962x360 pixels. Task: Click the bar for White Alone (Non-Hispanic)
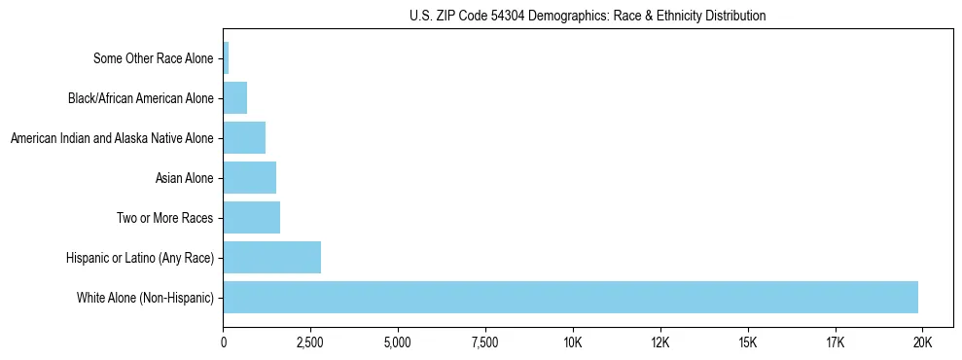pyautogui.click(x=570, y=297)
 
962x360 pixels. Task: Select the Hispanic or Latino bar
pyautogui.click(x=272, y=258)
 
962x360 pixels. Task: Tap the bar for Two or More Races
pyautogui.click(x=252, y=218)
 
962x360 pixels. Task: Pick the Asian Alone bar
pyautogui.click(x=250, y=178)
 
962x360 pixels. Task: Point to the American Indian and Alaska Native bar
pyautogui.click(x=244, y=138)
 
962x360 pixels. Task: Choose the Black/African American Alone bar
pyautogui.click(x=235, y=98)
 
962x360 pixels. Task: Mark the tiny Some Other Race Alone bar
pyautogui.click(x=227, y=58)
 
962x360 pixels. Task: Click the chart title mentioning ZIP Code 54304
pyautogui.click(x=588, y=16)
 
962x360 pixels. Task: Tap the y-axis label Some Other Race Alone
pyautogui.click(x=153, y=58)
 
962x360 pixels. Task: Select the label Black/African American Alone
pyautogui.click(x=140, y=98)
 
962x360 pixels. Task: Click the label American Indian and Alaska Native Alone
pyautogui.click(x=112, y=138)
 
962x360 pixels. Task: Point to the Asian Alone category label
pyautogui.click(x=184, y=178)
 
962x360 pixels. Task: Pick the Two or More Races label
pyautogui.click(x=164, y=218)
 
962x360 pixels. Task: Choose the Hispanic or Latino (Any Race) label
pyautogui.click(x=139, y=258)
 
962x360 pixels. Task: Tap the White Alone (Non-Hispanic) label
pyautogui.click(x=145, y=297)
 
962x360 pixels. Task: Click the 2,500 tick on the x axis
pyautogui.click(x=310, y=342)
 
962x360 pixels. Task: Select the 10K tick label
pyautogui.click(x=573, y=342)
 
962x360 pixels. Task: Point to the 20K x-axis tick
pyautogui.click(x=923, y=342)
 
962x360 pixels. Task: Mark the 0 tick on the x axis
pyautogui.click(x=224, y=342)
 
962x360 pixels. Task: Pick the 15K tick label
pyautogui.click(x=748, y=342)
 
